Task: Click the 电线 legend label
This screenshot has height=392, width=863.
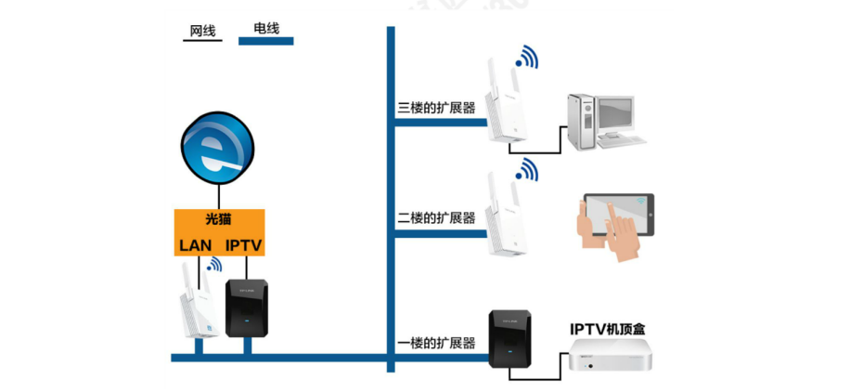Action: (x=265, y=29)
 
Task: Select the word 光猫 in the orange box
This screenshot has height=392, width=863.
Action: (x=219, y=221)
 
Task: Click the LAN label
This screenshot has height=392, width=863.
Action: (x=196, y=245)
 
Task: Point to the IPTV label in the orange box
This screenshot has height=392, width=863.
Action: (x=245, y=245)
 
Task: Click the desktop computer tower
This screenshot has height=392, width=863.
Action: (x=582, y=121)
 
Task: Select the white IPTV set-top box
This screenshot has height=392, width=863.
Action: (x=613, y=361)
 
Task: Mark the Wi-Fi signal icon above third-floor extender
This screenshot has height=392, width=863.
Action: (x=527, y=58)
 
